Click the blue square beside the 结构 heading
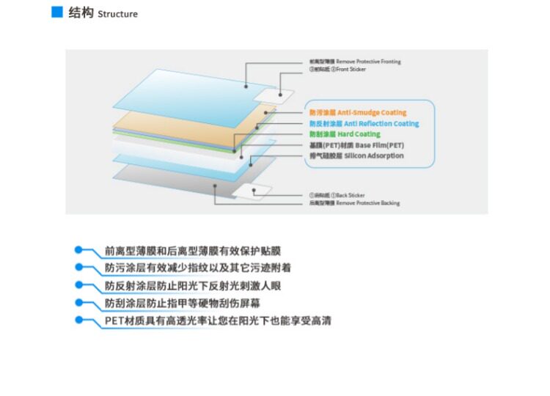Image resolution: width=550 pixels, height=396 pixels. tap(56, 12)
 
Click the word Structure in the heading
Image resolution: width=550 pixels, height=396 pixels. tap(117, 14)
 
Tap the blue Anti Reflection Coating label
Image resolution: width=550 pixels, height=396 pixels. tap(364, 124)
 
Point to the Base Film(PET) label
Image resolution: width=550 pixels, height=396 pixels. tap(356, 145)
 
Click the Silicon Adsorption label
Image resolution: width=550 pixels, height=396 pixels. tap(356, 155)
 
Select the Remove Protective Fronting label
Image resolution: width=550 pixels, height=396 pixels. tap(355, 62)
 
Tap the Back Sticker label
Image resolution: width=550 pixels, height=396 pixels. tap(337, 195)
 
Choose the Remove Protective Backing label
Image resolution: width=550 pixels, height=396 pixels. tap(354, 202)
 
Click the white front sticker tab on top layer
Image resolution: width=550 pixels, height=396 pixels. tap(279, 95)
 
